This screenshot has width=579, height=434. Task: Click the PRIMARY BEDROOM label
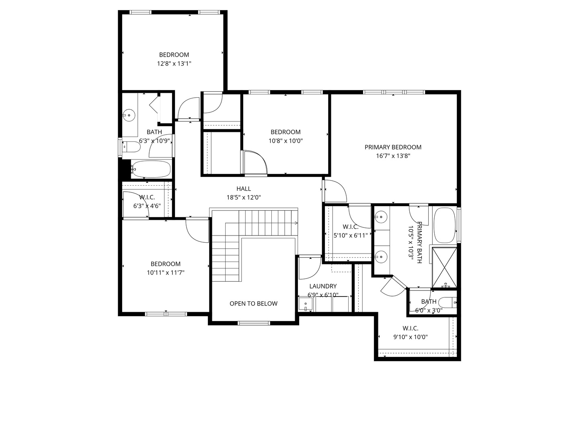click(x=393, y=147)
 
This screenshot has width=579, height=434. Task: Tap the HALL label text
click(x=243, y=188)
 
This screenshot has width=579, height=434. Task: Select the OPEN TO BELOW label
click(x=253, y=303)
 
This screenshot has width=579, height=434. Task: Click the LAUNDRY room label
click(x=323, y=286)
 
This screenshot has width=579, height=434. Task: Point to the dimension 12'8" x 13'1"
click(x=174, y=63)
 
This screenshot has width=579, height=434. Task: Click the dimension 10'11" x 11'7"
click(x=165, y=272)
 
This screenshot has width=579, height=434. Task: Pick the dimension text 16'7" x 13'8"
click(x=393, y=156)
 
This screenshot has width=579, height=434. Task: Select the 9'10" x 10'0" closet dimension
click(x=410, y=337)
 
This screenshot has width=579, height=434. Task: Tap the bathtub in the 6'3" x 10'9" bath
click(x=151, y=169)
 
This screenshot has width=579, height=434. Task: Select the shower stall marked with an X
click(x=444, y=267)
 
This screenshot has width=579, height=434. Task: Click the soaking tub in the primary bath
click(x=445, y=225)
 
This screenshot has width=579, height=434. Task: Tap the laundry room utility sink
click(x=306, y=304)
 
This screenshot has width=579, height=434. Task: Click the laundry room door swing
click(x=309, y=268)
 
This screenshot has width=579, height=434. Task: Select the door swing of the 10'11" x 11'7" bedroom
click(x=197, y=231)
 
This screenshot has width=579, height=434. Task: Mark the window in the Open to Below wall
click(x=254, y=323)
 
